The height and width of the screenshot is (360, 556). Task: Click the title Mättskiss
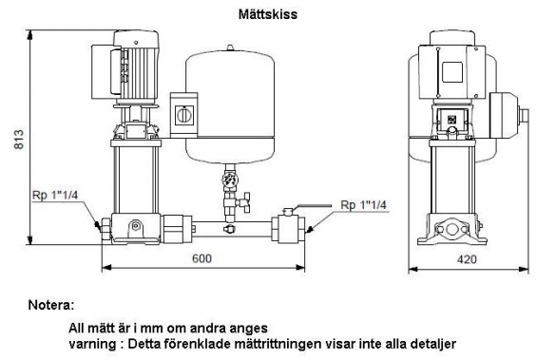[x=268, y=14]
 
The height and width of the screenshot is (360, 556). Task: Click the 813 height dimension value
[x=19, y=140]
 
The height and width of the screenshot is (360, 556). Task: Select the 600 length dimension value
[x=201, y=258]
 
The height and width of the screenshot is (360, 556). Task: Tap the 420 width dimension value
[x=467, y=259]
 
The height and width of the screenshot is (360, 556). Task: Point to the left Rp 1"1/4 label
[x=55, y=196]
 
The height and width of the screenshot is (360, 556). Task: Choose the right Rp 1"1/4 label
[x=363, y=205]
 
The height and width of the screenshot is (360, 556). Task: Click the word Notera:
[x=51, y=305]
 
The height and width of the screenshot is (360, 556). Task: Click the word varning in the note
[x=92, y=344]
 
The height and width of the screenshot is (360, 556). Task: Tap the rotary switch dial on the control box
[x=184, y=115]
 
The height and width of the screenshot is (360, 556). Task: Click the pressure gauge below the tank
[x=229, y=179]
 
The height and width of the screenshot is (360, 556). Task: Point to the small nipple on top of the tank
[x=231, y=47]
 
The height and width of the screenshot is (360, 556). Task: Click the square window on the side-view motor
[x=451, y=72]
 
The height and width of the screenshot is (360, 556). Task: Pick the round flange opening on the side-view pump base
[x=451, y=229]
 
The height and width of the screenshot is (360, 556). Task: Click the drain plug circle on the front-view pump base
[x=135, y=226]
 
